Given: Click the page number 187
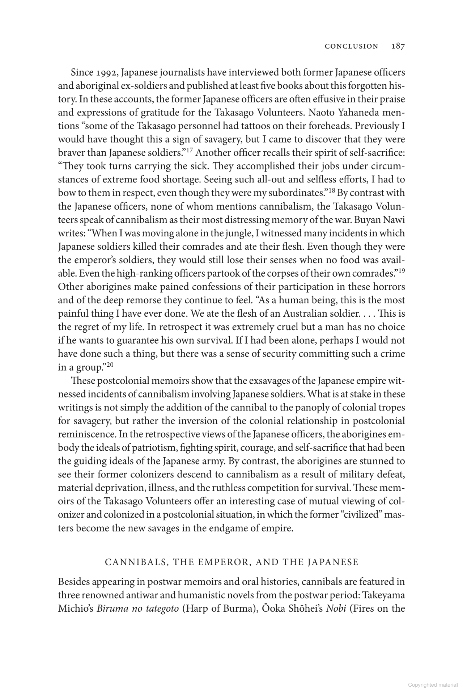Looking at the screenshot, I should [x=398, y=46].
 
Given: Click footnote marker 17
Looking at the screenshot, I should [x=191, y=149].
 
